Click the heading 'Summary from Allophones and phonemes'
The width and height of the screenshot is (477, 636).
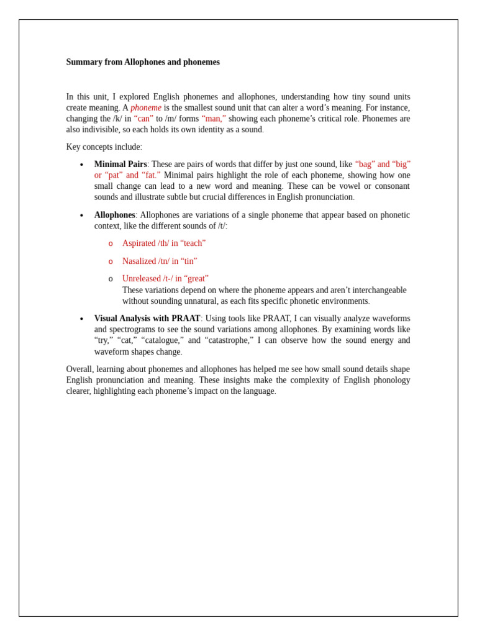point(143,62)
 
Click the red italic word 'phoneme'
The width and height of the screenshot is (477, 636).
point(146,107)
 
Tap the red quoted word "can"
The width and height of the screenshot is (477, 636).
point(143,119)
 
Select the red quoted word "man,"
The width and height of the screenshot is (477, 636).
point(214,119)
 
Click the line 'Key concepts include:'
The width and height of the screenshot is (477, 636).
point(104,147)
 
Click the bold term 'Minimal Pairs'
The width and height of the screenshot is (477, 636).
point(120,165)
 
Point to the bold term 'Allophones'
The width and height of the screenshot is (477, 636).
point(114,215)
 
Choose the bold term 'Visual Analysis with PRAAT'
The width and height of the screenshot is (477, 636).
point(147,319)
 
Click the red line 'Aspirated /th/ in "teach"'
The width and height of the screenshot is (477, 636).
point(164,243)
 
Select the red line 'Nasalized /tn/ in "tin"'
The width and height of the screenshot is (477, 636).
point(160,261)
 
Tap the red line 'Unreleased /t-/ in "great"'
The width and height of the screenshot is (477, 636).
point(165,279)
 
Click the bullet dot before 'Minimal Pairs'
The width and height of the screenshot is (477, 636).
point(81,165)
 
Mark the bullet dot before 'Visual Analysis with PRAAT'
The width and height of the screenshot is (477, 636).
point(81,319)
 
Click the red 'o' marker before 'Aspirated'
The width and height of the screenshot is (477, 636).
point(111,244)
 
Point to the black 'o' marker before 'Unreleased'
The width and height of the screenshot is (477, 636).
point(111,279)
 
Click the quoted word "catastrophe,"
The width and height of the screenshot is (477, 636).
point(229,340)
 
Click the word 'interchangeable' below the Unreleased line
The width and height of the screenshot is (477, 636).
point(379,290)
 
